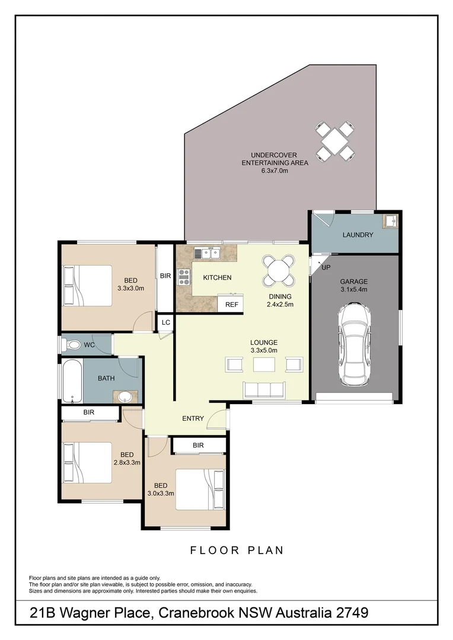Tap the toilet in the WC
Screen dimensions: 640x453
72,344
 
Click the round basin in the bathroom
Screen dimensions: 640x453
126,396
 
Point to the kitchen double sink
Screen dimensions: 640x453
209,254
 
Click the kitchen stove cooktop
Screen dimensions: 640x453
184,277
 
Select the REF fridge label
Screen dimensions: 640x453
231,305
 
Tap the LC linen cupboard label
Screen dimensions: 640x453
165,323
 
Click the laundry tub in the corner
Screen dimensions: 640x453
391,221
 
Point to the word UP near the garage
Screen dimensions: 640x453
326,268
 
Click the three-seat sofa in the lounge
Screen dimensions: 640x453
264,389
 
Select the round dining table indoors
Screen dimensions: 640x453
278,270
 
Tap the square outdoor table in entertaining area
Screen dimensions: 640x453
335,140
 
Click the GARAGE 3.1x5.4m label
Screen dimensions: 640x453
354,286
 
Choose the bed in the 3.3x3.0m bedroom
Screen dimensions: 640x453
87,286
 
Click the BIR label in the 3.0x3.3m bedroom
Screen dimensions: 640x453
198,445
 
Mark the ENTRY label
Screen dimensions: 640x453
193,418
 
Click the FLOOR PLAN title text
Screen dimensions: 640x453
237,551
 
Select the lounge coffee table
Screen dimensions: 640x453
264,364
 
